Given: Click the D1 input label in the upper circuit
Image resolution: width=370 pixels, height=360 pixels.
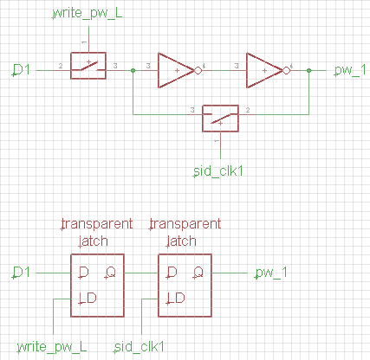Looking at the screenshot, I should point(22,67).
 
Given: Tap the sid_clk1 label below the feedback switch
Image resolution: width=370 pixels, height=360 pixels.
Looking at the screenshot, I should point(216,170).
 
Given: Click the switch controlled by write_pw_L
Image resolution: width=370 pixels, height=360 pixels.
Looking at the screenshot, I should point(88,67).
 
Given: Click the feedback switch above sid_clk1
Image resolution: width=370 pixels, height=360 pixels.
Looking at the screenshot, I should point(220,116).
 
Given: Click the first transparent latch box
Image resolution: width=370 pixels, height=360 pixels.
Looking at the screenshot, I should point(96,286).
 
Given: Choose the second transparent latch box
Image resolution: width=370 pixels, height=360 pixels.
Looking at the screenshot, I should point(185,286).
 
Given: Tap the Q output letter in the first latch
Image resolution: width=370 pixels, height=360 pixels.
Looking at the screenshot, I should point(111,273).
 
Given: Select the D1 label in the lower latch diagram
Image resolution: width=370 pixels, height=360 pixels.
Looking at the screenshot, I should point(22,273).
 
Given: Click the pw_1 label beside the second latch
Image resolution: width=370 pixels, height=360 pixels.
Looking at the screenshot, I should point(270,273).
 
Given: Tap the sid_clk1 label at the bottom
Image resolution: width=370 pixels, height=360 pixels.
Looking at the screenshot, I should point(140,346).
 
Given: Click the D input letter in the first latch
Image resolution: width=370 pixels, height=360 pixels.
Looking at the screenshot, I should point(83,273).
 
